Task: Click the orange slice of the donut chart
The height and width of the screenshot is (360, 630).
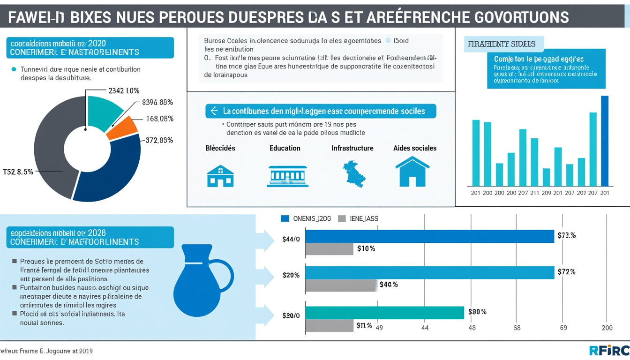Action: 123,128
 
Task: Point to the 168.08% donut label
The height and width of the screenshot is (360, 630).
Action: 159,119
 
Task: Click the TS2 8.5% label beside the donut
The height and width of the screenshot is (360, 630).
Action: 18,172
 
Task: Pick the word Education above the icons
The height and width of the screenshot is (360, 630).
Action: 285,148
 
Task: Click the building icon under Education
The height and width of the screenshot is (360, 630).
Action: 287,176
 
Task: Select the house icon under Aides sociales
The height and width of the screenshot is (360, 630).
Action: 412,172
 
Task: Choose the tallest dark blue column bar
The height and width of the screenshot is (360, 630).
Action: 605,141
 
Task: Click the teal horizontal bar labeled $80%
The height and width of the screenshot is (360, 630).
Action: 384,313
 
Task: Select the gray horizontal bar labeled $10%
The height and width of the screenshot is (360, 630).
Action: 329,249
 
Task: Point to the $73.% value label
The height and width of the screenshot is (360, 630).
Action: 566,235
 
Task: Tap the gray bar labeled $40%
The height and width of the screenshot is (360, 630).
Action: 341,285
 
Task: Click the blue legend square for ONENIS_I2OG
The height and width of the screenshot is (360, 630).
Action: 285,218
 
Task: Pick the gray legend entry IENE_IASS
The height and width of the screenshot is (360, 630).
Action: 358,218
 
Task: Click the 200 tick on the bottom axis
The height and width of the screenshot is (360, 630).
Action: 607,328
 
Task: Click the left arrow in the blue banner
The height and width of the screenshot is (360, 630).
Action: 214,111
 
